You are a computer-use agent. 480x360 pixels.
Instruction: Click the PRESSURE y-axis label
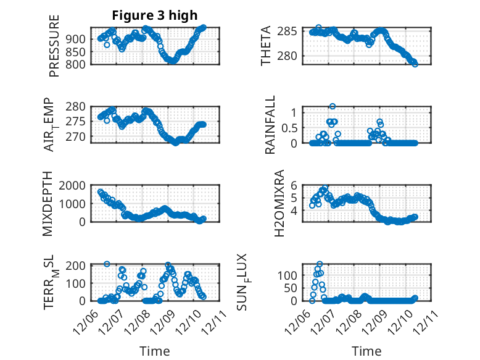[54, 46]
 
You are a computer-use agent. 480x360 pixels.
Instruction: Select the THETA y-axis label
[266, 46]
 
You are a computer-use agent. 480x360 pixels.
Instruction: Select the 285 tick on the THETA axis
[289, 31]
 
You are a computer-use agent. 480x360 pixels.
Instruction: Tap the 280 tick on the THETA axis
[289, 56]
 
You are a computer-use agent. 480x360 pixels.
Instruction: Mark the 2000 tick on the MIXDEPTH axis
[74, 185]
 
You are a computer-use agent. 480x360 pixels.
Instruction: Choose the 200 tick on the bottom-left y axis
[77, 266]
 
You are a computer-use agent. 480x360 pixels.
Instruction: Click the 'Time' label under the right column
[366, 351]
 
